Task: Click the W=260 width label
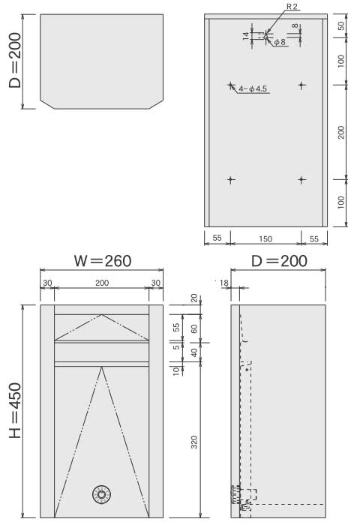103,261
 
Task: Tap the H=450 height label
15,410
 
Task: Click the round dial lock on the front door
101,494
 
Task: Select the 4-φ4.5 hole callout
253,88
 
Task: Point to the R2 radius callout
292,7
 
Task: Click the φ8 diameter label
280,42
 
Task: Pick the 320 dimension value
194,442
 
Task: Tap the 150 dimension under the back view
265,238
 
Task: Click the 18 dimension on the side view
223,283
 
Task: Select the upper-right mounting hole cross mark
301,85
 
